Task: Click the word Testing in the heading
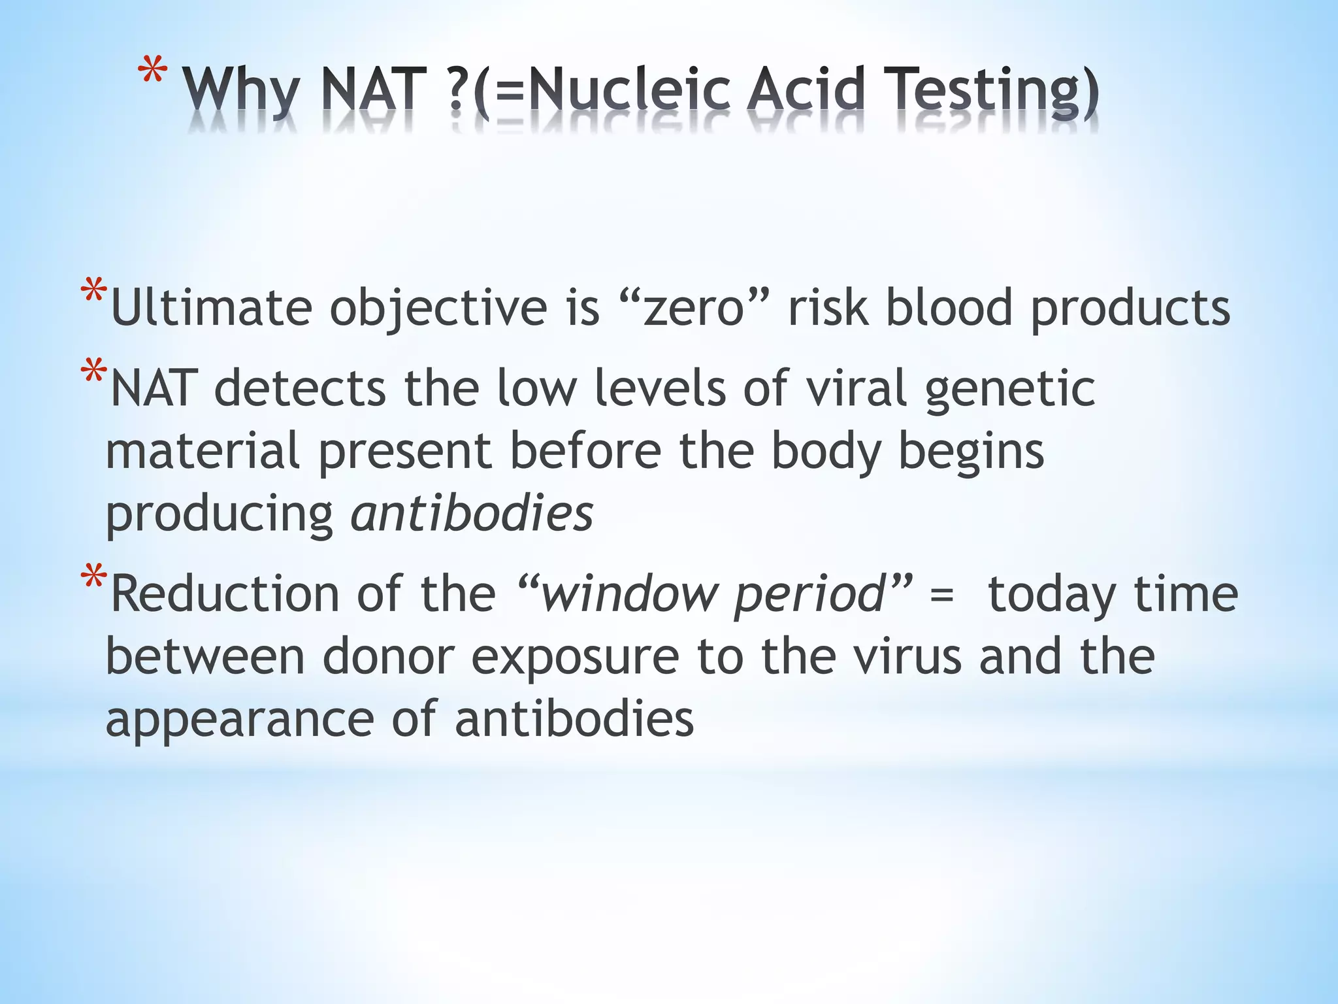coord(987,92)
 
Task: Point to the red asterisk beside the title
coord(152,72)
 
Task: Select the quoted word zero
coord(693,307)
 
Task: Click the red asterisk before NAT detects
coord(93,372)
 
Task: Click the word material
coord(203,451)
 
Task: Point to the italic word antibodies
coord(472,514)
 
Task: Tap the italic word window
coord(627,594)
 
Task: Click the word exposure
coord(575,658)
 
